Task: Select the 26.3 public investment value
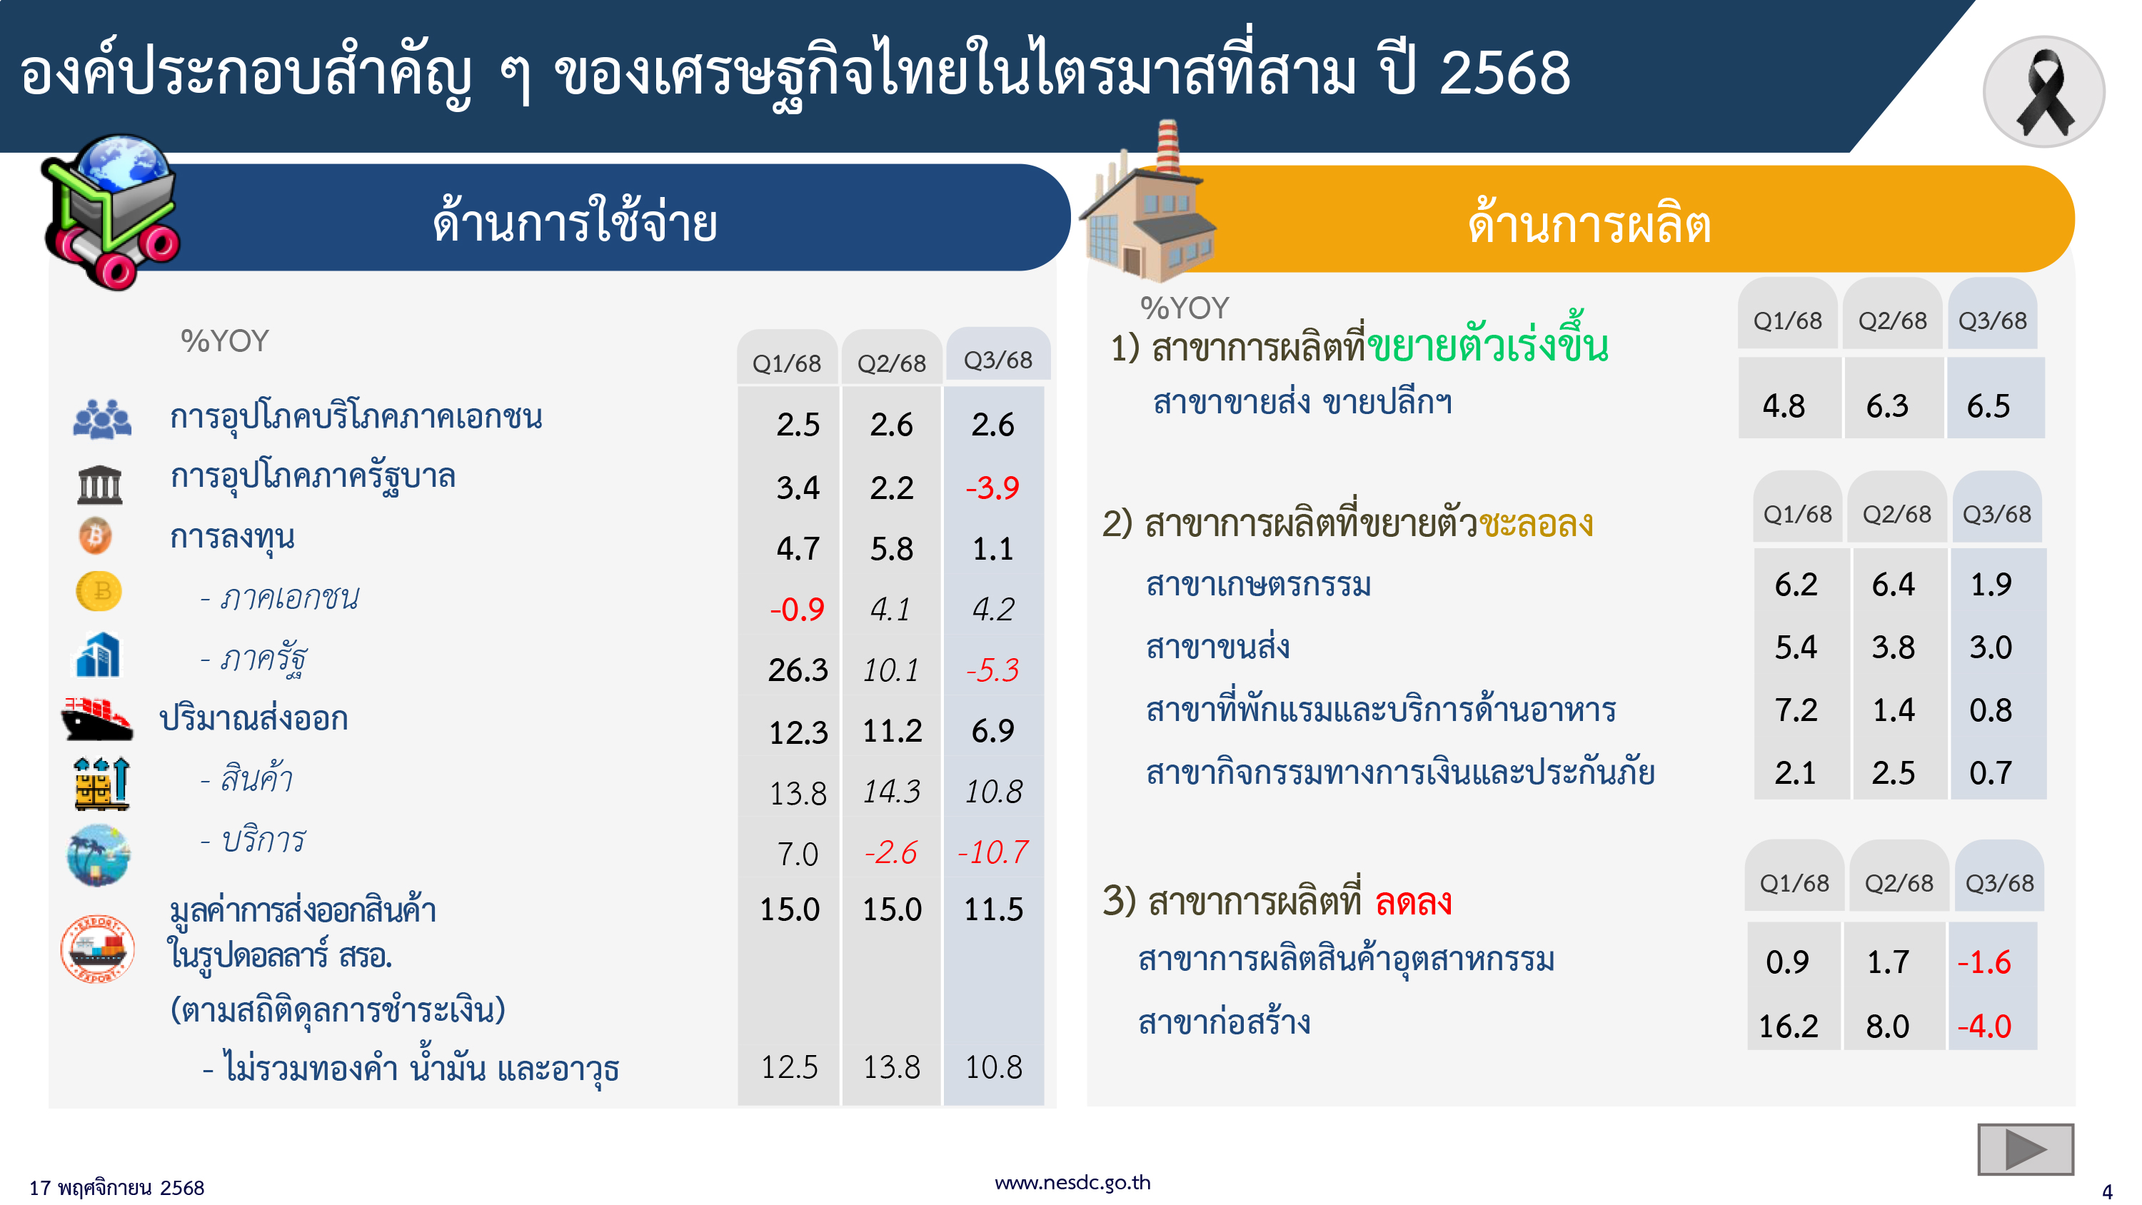pyautogui.click(x=798, y=670)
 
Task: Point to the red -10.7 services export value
pyautogui.click(x=993, y=852)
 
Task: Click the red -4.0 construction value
pyautogui.click(x=1984, y=1027)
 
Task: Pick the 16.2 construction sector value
pyautogui.click(x=1788, y=1027)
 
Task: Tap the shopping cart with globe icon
pyautogui.click(x=112, y=212)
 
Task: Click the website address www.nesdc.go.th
pyautogui.click(x=1072, y=1181)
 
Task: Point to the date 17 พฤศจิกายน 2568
pyautogui.click(x=116, y=1188)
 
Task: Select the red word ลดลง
pyautogui.click(x=1413, y=902)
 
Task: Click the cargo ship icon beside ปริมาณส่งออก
pyautogui.click(x=97, y=719)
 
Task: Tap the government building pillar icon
pyautogui.click(x=99, y=484)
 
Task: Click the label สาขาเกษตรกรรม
pyautogui.click(x=1258, y=585)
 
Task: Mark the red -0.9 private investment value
pyautogui.click(x=797, y=610)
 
